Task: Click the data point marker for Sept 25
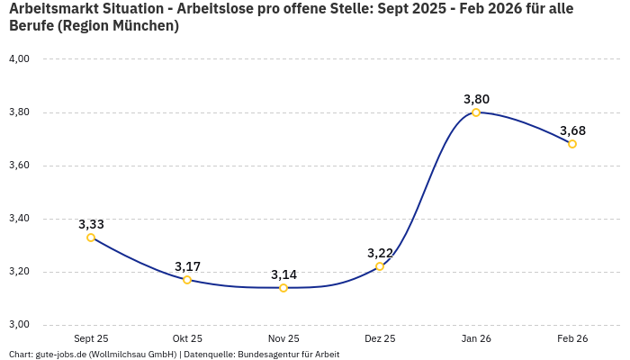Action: [91, 238]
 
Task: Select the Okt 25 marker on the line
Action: [187, 280]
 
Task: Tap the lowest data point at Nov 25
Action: [283, 288]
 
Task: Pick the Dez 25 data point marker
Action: [380, 266]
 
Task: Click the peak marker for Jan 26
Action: [476, 112]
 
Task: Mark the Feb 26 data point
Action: [572, 144]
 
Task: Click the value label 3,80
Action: [476, 99]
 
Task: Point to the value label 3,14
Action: [283, 274]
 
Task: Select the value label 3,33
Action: [91, 224]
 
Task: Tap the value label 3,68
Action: [572, 130]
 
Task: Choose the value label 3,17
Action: [187, 266]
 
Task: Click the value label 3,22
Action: [380, 253]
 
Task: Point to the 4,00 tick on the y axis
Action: [19, 59]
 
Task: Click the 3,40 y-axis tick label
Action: [19, 219]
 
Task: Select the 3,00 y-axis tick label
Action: [19, 325]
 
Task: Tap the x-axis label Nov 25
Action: [283, 339]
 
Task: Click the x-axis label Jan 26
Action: [476, 339]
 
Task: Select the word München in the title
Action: [144, 26]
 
